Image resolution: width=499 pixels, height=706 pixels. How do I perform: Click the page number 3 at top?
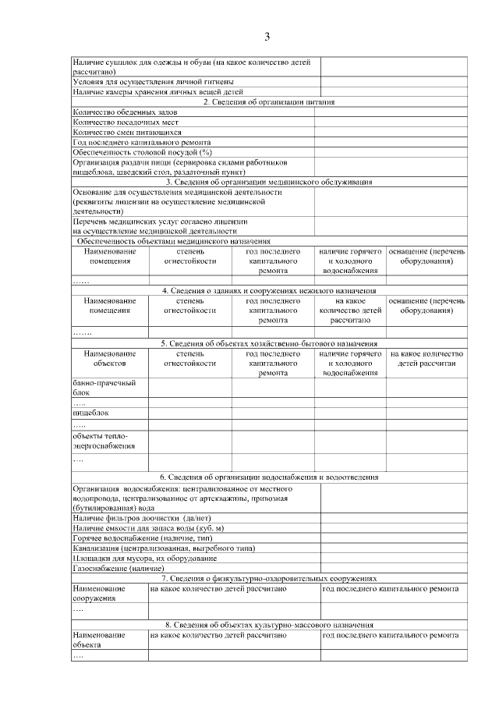click(267, 37)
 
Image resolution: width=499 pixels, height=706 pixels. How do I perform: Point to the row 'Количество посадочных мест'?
click(126, 122)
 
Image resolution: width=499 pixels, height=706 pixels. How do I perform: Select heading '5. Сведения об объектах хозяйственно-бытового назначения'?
click(269, 343)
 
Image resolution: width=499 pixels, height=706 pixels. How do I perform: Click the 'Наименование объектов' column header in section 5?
click(110, 358)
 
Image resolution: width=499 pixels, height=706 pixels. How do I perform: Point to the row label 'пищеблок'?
click(90, 412)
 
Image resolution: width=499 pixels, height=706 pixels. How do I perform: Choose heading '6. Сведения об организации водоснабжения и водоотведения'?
click(269, 477)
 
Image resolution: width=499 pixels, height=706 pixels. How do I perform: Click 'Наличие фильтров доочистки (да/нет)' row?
click(139, 518)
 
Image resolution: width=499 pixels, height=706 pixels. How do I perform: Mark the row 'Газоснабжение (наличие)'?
click(113, 569)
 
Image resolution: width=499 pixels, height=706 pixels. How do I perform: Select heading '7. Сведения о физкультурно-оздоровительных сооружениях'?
click(269, 579)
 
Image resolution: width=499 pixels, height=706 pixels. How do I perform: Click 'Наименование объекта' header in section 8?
click(99, 640)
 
